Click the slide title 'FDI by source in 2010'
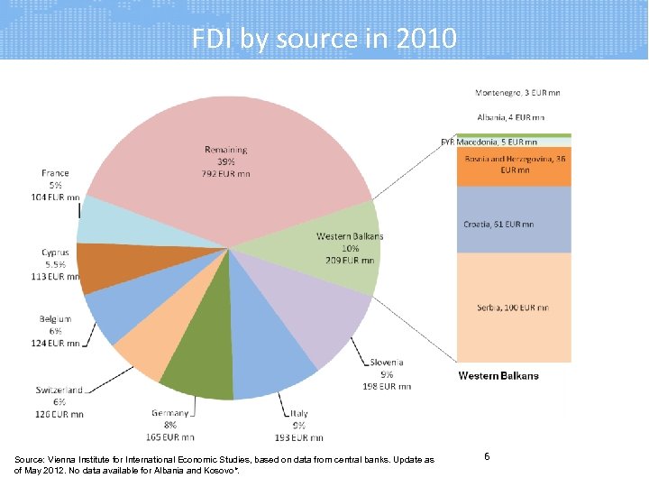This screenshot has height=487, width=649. click(x=324, y=39)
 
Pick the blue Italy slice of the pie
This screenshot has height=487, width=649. click(x=270, y=361)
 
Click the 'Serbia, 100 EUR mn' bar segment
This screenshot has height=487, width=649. click(x=513, y=308)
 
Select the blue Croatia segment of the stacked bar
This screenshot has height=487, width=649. click(x=513, y=222)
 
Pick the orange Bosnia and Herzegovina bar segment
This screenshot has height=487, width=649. click(x=513, y=166)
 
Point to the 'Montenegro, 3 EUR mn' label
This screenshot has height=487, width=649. click(x=517, y=93)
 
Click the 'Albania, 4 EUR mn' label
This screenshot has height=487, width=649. click(x=510, y=117)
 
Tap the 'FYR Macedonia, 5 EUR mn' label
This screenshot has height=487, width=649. click(x=489, y=142)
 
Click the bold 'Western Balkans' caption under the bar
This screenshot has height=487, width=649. click(x=498, y=375)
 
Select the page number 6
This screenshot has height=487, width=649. click(x=487, y=457)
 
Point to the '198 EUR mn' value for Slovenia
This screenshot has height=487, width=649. click(x=388, y=386)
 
